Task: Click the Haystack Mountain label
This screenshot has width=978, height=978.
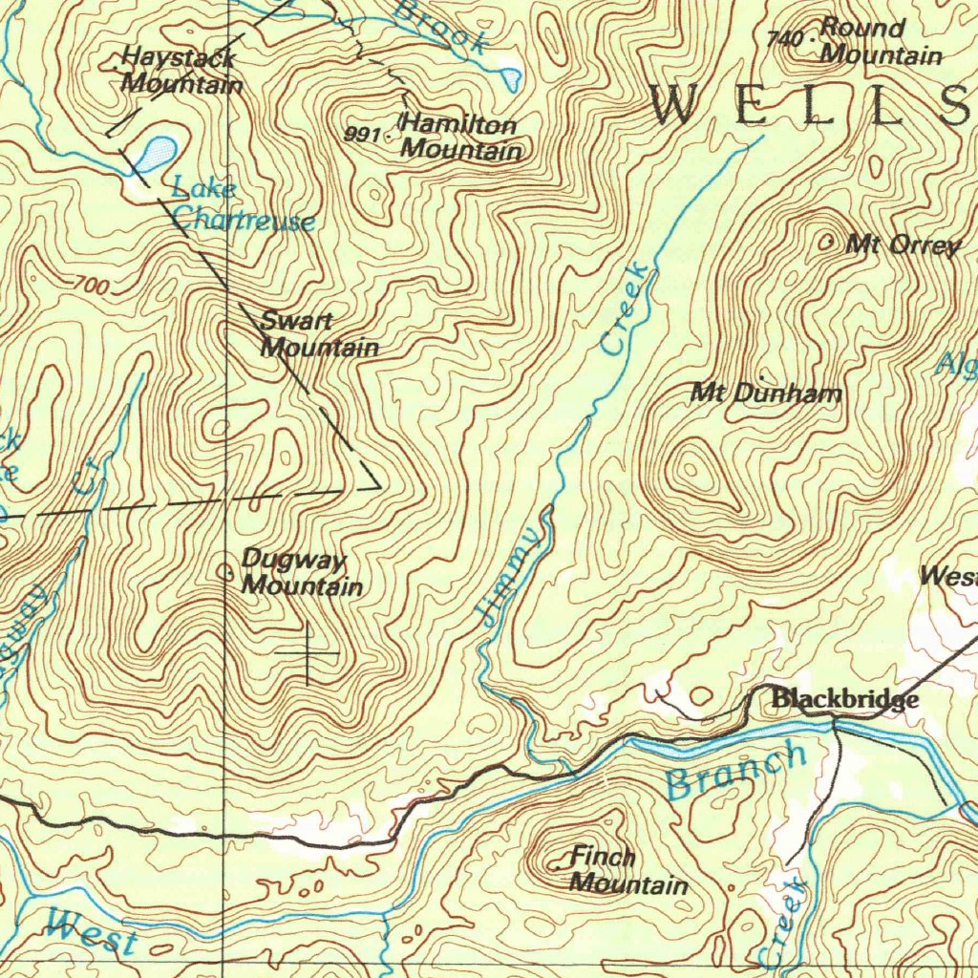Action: (181, 71)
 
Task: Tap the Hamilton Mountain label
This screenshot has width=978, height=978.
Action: (461, 137)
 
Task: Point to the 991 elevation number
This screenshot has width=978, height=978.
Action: (362, 134)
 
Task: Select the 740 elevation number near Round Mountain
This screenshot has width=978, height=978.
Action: (783, 39)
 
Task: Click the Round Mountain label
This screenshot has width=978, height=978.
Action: (880, 41)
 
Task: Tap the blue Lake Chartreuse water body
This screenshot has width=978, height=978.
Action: (156, 152)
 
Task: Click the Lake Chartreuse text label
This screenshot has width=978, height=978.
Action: (242, 205)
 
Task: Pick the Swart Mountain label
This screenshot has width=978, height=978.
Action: (319, 334)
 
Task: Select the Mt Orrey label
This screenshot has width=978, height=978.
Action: (903, 245)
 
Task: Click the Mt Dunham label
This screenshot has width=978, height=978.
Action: (766, 393)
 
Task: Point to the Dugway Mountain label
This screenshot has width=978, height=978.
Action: (301, 572)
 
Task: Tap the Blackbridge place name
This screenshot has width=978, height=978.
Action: (845, 700)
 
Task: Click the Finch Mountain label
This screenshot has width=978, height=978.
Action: (627, 871)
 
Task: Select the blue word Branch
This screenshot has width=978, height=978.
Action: (736, 772)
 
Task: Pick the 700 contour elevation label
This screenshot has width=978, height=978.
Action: (90, 285)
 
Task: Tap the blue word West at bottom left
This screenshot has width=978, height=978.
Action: (92, 931)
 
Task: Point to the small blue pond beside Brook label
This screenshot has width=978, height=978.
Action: (512, 76)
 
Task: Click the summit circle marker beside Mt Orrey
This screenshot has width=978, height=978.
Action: (826, 244)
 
